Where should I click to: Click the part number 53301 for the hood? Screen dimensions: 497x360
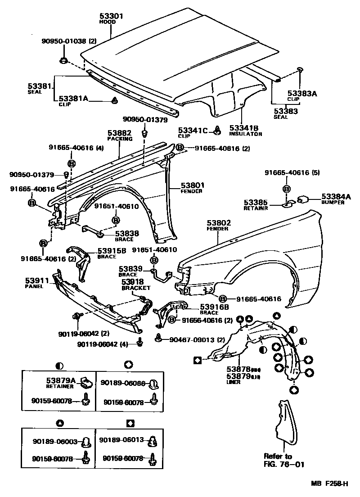[x=110, y=16]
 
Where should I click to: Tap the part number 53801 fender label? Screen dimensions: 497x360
[x=193, y=185]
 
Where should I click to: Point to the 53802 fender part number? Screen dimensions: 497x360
[x=219, y=223]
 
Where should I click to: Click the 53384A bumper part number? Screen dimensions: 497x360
[x=335, y=197]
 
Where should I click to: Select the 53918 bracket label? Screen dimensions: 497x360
[x=132, y=281]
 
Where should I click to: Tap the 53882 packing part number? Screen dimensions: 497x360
[x=119, y=133]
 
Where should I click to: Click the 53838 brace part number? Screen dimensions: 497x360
[x=127, y=233]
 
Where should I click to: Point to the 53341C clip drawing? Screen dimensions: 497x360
[x=216, y=131]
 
